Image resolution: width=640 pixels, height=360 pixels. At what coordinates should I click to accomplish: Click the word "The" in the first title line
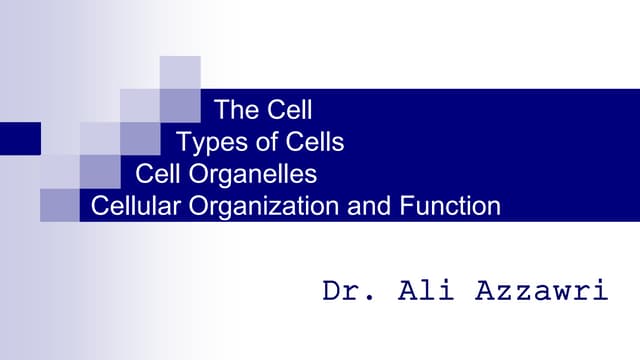[237, 108]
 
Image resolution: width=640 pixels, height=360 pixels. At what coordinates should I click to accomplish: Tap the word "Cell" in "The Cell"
[291, 108]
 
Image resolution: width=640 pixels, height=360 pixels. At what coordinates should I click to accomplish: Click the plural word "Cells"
[310, 142]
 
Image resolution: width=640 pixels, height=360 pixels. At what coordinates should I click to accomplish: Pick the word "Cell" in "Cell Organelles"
[156, 174]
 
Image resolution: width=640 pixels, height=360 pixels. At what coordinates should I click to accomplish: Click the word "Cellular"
[129, 207]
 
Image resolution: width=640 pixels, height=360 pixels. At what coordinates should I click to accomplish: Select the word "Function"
[441, 207]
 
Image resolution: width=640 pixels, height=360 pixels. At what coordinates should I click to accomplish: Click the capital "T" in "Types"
[183, 142]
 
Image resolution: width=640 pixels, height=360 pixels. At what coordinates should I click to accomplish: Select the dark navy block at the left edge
[20, 138]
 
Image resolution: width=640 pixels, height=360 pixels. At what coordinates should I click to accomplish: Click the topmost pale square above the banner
[180, 72]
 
